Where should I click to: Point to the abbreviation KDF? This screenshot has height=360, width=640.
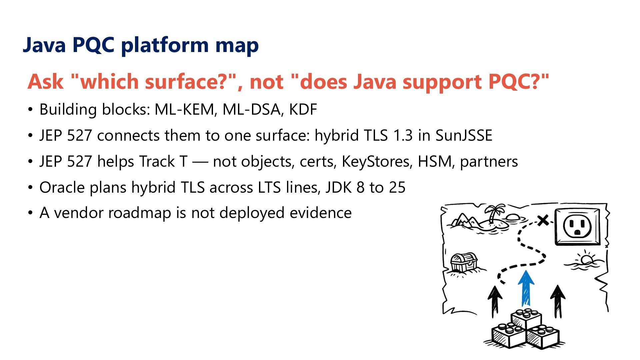(303, 109)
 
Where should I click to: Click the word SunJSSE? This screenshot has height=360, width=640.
(464, 135)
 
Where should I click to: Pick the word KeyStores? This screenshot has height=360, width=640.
(375, 161)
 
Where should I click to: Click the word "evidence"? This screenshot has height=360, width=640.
(321, 213)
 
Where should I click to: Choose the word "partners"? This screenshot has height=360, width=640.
(489, 162)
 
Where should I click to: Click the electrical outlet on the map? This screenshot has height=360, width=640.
(578, 227)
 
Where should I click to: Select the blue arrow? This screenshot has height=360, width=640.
(526, 288)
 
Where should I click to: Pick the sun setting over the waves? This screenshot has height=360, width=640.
(585, 260)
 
